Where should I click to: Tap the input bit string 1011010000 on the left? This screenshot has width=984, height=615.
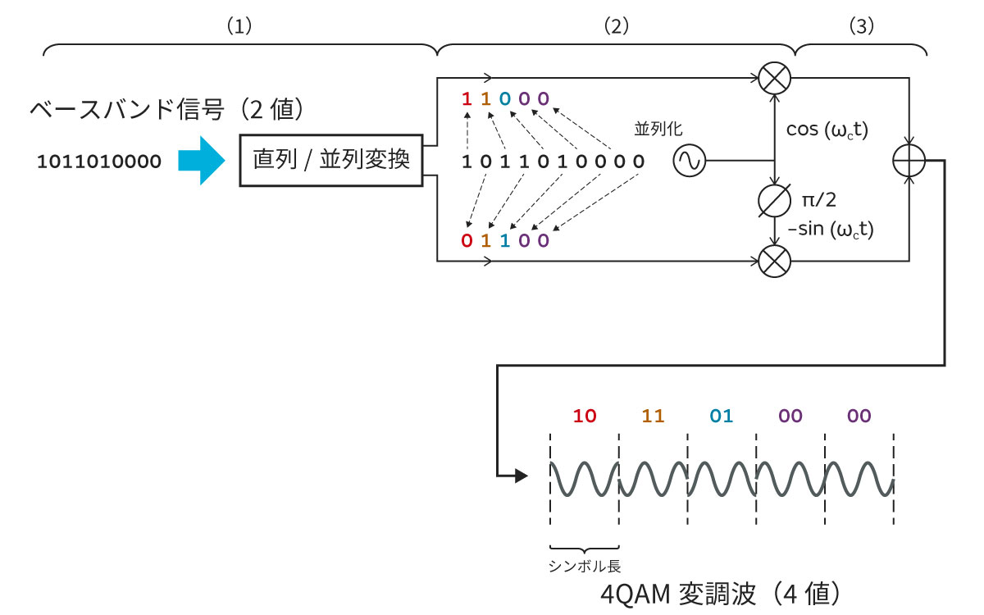point(99,162)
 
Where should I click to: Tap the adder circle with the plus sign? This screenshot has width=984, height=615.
point(908,161)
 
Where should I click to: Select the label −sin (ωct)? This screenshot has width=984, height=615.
point(830,230)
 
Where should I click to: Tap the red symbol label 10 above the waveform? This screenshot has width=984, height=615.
point(585,416)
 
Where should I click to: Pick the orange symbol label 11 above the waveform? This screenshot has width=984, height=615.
point(653,416)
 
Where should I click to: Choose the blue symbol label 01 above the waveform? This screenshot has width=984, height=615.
point(721,416)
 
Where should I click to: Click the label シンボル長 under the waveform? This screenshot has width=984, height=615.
point(584,566)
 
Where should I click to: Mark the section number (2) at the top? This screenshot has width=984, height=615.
point(616,26)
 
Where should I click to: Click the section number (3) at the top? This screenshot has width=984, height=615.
point(860,26)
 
